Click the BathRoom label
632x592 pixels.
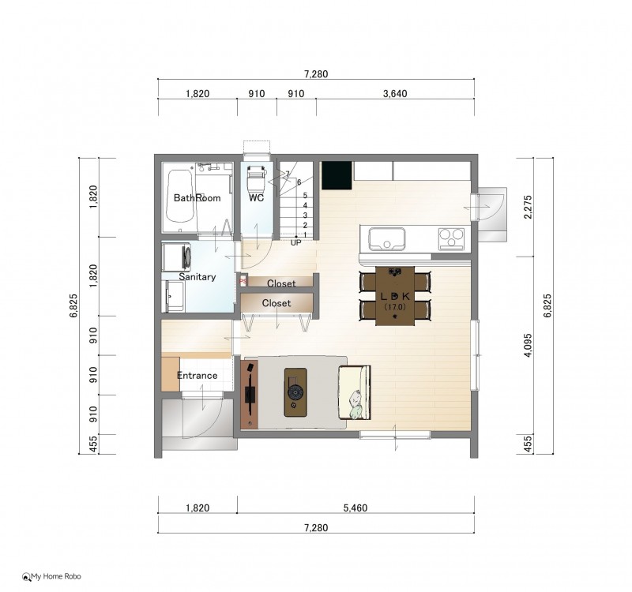(x=197, y=198)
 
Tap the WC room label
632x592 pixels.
(x=256, y=198)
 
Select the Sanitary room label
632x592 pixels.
(x=197, y=277)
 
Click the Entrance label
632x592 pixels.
(x=197, y=376)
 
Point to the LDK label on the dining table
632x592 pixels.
(x=395, y=297)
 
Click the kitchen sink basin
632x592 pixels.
(x=386, y=239)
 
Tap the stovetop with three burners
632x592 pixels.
(x=451, y=238)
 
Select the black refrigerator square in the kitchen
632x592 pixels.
(x=337, y=175)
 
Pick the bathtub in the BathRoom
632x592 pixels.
(x=180, y=196)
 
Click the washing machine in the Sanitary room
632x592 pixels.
(x=177, y=256)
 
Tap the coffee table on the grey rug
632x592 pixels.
(x=295, y=392)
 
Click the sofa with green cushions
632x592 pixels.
(x=354, y=392)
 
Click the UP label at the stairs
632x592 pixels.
(x=295, y=242)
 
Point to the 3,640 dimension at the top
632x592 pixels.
(x=395, y=94)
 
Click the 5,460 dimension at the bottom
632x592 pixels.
(x=355, y=508)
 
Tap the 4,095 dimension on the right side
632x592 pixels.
(x=528, y=345)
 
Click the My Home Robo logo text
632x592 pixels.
(x=56, y=577)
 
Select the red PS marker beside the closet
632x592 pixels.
(x=243, y=281)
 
